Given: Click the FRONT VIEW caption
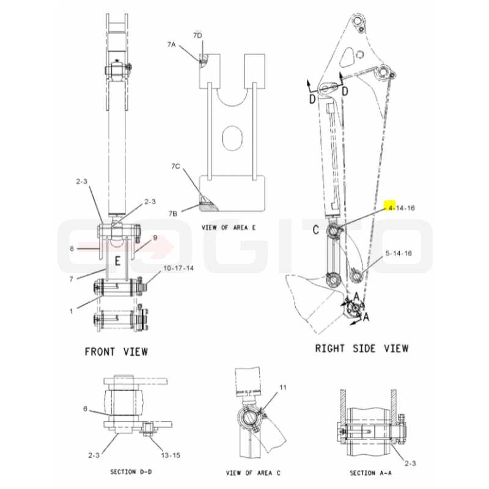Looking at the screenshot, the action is pyautogui.click(x=116, y=352).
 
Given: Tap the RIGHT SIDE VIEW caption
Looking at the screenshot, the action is pyautogui.click(x=361, y=348).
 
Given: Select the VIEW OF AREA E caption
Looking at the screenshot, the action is pyautogui.click(x=228, y=227).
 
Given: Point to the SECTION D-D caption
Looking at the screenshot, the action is pyautogui.click(x=131, y=472).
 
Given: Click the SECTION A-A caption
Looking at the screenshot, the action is pyautogui.click(x=370, y=473).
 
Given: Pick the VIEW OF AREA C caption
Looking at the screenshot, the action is pyautogui.click(x=253, y=473).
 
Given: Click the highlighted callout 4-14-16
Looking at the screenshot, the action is pyautogui.click(x=402, y=208).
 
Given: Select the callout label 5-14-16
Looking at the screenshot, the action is pyautogui.click(x=399, y=253).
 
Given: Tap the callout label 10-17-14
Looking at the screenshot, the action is pyautogui.click(x=178, y=268).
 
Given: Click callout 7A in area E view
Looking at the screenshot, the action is pyautogui.click(x=171, y=45).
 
